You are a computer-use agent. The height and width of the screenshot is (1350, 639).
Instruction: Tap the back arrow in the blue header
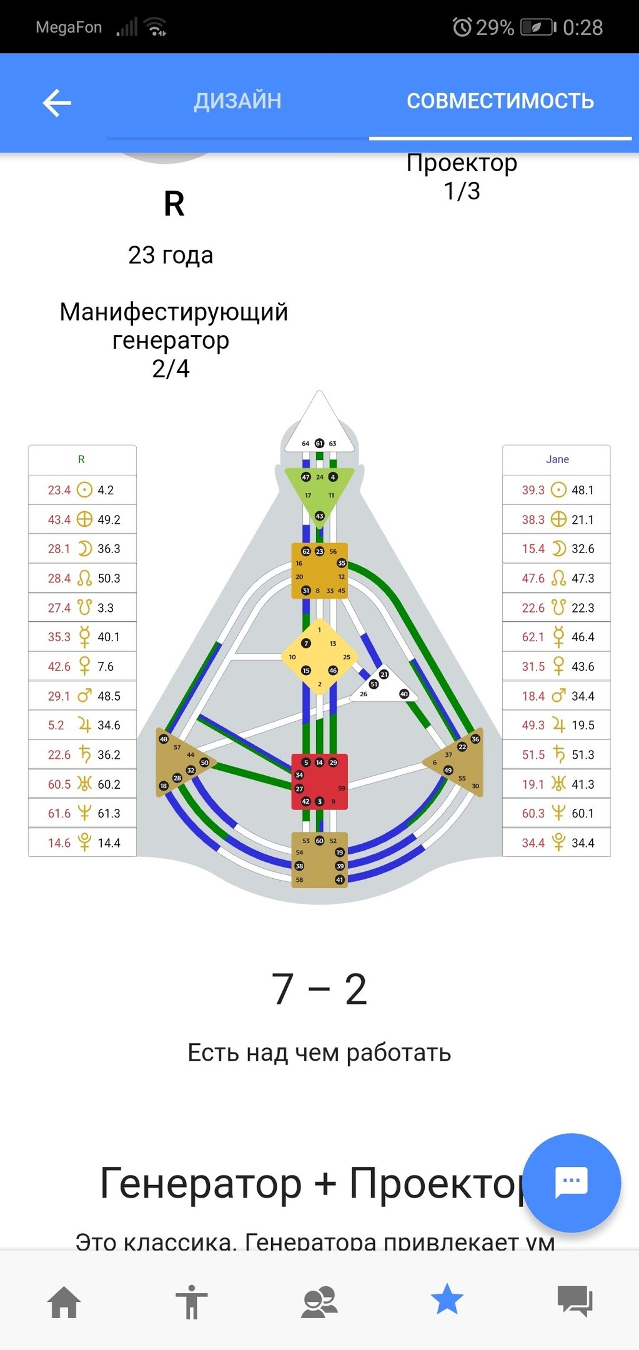click(57, 102)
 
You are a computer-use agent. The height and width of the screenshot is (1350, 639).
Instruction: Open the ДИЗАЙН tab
click(237, 101)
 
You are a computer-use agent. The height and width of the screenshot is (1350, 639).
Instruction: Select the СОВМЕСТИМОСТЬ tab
click(500, 101)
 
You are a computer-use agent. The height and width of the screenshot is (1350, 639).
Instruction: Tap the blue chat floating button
click(571, 1181)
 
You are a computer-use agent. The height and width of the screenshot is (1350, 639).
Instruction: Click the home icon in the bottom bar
click(64, 1302)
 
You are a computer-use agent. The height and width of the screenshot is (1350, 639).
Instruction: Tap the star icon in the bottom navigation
click(447, 1299)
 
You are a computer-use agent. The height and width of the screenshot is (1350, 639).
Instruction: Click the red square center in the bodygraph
click(319, 781)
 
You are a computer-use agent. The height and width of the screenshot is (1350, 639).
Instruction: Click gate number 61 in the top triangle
click(319, 443)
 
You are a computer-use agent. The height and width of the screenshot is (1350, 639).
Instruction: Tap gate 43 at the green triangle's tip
click(319, 516)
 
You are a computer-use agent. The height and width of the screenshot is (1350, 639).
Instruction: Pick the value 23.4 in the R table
click(59, 490)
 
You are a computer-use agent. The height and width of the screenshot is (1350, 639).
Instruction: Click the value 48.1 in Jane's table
click(582, 490)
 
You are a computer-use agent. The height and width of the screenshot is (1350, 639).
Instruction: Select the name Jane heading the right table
click(557, 459)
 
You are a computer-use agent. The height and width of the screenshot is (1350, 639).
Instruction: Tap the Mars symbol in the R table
click(84, 696)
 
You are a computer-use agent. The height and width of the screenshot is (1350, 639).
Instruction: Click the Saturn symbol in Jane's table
click(558, 754)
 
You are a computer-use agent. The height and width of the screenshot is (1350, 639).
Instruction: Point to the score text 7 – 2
click(319, 989)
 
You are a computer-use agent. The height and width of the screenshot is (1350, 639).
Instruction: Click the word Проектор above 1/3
click(462, 163)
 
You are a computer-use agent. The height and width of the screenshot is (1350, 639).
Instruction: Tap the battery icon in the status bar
click(538, 27)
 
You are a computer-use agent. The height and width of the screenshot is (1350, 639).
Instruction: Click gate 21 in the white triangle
click(384, 674)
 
